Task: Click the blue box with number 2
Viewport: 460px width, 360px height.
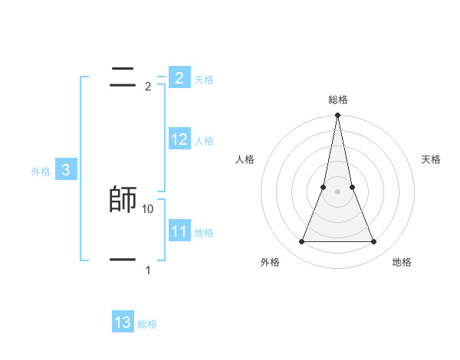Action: point(179,77)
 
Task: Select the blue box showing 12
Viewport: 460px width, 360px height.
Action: point(179,139)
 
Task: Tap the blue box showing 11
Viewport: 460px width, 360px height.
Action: point(179,231)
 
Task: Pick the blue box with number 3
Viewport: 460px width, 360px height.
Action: point(66,170)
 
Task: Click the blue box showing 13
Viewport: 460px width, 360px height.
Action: point(123,322)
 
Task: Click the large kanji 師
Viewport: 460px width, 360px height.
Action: point(123,199)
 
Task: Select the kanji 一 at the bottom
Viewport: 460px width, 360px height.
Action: point(123,260)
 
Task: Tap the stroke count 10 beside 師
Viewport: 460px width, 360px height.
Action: point(148,208)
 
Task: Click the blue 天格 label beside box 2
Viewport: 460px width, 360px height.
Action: point(204,80)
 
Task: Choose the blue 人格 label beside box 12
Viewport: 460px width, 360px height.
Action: point(204,141)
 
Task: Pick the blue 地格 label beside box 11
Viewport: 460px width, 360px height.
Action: point(204,232)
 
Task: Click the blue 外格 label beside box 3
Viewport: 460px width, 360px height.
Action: point(41,172)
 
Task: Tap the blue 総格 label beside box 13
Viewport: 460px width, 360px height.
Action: point(147,324)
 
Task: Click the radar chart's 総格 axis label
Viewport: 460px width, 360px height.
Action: point(337,100)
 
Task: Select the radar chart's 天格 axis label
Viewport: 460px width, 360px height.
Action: point(431,159)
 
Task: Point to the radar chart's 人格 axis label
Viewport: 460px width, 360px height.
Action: point(245,159)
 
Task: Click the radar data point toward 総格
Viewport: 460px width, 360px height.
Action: point(337,116)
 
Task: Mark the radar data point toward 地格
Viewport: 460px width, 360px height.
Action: point(373,242)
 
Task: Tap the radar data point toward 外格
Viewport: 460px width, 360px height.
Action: point(301,242)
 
